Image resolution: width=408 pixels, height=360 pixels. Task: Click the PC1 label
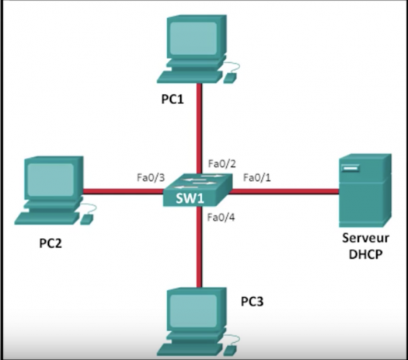pyautogui.click(x=173, y=100)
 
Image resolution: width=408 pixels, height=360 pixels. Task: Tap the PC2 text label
pyautogui.click(x=51, y=243)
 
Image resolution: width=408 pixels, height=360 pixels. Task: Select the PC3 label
pyautogui.click(x=252, y=302)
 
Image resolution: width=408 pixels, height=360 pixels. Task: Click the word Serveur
pyautogui.click(x=365, y=238)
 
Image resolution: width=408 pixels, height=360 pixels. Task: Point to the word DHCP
pyautogui.click(x=365, y=254)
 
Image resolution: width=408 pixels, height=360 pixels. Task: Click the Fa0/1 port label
pyautogui.click(x=256, y=177)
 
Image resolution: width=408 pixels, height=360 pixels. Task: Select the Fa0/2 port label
pyautogui.click(x=222, y=164)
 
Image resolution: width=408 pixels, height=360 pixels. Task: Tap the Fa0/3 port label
pyautogui.click(x=151, y=177)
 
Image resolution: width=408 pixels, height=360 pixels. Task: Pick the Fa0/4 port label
pyautogui.click(x=221, y=217)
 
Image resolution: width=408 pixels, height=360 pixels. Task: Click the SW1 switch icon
pyautogui.click(x=197, y=190)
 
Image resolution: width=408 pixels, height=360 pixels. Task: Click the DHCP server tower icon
pyautogui.click(x=365, y=190)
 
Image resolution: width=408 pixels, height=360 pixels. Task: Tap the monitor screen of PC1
pyautogui.click(x=193, y=38)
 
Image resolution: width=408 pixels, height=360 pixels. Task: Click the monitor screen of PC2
pyautogui.click(x=51, y=180)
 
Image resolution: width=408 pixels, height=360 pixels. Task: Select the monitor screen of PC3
pyautogui.click(x=193, y=311)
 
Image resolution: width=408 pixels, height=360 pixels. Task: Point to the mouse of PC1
pyautogui.click(x=230, y=78)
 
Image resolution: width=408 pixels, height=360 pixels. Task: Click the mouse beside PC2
pyautogui.click(x=87, y=219)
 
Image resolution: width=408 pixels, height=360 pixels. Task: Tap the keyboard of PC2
pyautogui.click(x=47, y=218)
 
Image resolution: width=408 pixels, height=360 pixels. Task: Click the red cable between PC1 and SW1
pyautogui.click(x=199, y=128)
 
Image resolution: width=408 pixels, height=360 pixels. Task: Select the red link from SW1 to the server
pyautogui.click(x=284, y=191)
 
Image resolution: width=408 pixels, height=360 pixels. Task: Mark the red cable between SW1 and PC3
pyautogui.click(x=199, y=246)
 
